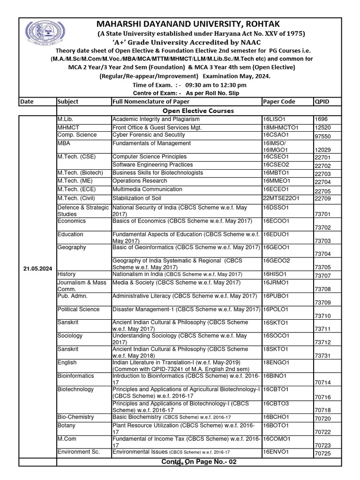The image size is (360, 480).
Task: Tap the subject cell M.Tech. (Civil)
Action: pos(76,198)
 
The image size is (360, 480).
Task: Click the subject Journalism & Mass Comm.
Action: pos(82,286)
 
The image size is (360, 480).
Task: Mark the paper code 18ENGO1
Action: pos(277,362)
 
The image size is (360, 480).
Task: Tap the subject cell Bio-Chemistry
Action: pos(75,417)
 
